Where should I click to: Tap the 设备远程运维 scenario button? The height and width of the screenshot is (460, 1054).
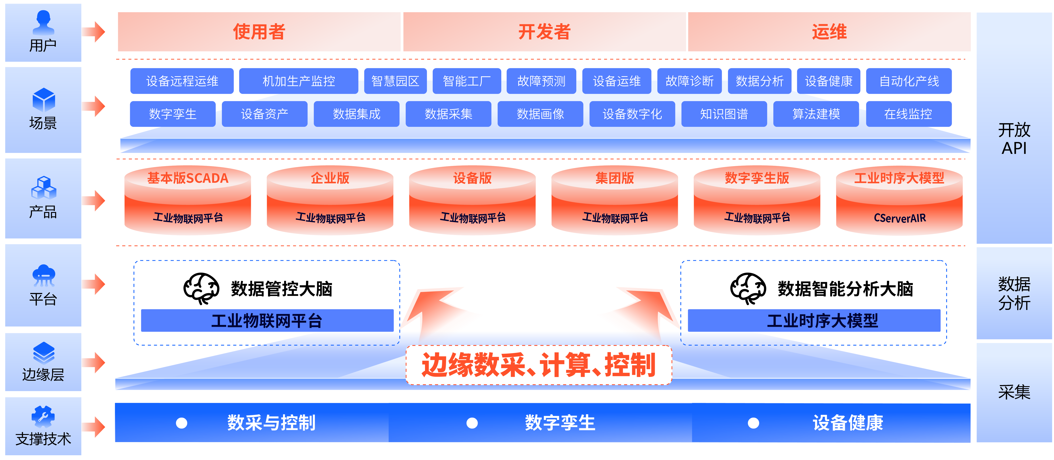pos(182,81)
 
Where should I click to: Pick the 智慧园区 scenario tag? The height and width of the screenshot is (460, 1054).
pos(395,81)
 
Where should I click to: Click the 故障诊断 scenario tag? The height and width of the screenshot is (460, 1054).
pos(689,81)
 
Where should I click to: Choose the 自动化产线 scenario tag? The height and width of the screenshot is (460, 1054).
pos(909,81)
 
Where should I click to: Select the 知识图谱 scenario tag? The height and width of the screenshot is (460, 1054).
pos(724,114)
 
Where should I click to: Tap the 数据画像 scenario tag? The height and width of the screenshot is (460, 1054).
pos(540,114)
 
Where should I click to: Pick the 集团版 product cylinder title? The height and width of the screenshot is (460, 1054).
pos(615,178)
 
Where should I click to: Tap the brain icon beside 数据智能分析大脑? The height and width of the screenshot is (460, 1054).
pos(748,288)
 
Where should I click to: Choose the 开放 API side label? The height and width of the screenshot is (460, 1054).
pos(1014,139)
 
